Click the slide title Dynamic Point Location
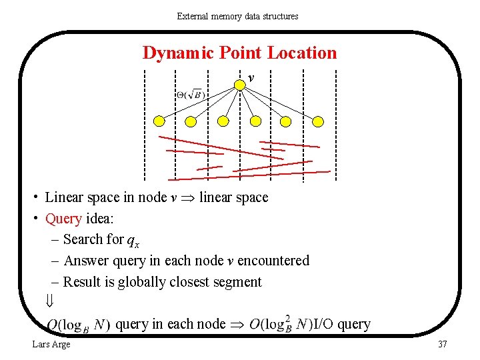click(239, 53)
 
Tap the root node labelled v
click(240, 85)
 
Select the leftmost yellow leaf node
click(159, 121)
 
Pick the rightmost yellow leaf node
click(318, 121)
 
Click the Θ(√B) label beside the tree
click(191, 95)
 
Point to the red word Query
click(63, 219)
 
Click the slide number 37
click(442, 344)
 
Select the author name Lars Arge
click(51, 344)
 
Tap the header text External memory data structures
click(237, 16)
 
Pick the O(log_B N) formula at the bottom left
click(79, 326)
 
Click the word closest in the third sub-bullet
click(195, 282)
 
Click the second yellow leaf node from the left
click(191, 121)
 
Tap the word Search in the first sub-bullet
click(83, 239)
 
